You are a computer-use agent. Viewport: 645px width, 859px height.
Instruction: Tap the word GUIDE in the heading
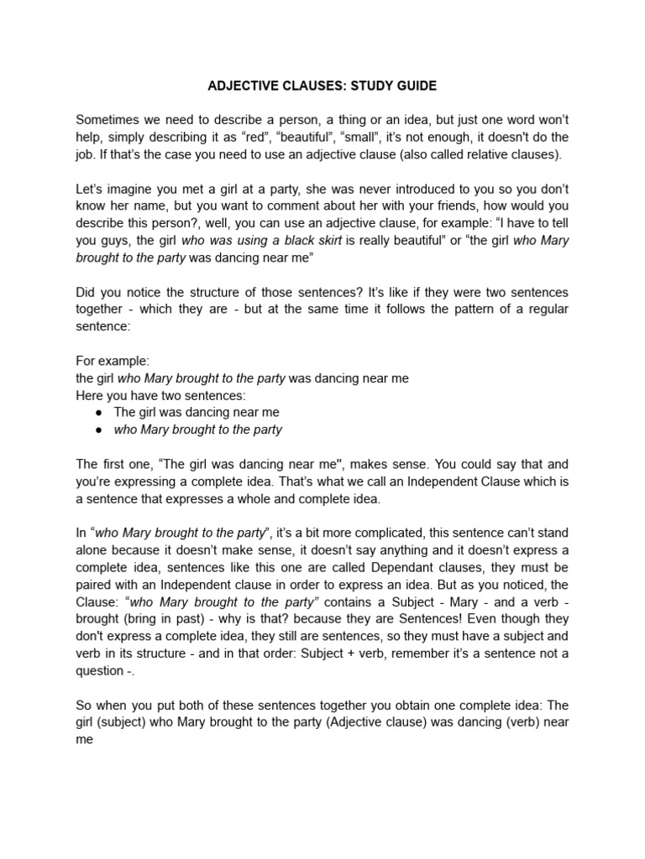tap(414, 86)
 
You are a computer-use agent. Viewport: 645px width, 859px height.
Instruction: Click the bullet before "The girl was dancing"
tap(99, 413)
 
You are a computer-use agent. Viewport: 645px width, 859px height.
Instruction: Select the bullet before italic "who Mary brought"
tap(99, 429)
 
